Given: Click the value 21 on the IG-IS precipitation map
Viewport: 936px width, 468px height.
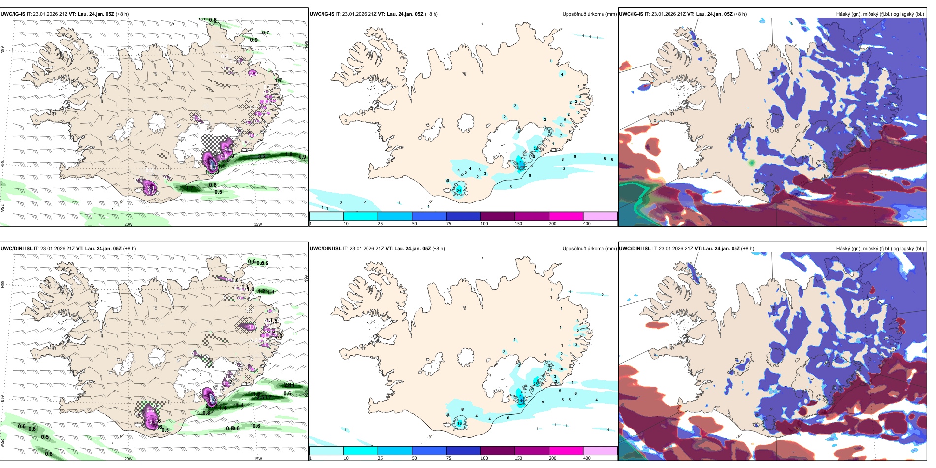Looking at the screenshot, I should click(459, 191).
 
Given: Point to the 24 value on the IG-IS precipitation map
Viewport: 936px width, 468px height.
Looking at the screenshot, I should click(535, 149).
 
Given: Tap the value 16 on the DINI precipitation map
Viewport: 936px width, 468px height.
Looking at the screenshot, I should click(459, 423).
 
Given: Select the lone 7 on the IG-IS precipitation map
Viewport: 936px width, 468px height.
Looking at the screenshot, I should click(561, 135).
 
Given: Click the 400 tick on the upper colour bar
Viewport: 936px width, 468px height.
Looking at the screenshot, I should click(587, 224).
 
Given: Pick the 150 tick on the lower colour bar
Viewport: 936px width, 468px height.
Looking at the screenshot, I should click(518, 458).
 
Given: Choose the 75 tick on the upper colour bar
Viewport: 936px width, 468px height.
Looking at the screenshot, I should click(449, 224).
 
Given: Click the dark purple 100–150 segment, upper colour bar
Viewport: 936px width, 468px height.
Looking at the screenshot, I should click(498, 216).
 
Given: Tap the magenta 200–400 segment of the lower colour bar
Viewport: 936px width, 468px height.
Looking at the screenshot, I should click(566, 451).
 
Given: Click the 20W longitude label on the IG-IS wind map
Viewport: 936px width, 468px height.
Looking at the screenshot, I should click(128, 224).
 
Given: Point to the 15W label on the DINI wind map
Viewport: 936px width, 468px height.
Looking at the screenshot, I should click(258, 459).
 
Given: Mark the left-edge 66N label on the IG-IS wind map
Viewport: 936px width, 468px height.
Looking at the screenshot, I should click(2, 50).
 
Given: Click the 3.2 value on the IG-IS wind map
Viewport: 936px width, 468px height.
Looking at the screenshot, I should click(262, 156).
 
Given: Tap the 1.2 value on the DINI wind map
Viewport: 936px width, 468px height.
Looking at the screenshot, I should click(261, 291).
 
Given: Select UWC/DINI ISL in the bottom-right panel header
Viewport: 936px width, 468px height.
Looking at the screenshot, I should click(635, 249).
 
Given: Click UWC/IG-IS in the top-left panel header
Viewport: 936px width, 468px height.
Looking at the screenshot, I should click(13, 14).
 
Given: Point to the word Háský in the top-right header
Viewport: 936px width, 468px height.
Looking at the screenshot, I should click(843, 14).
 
